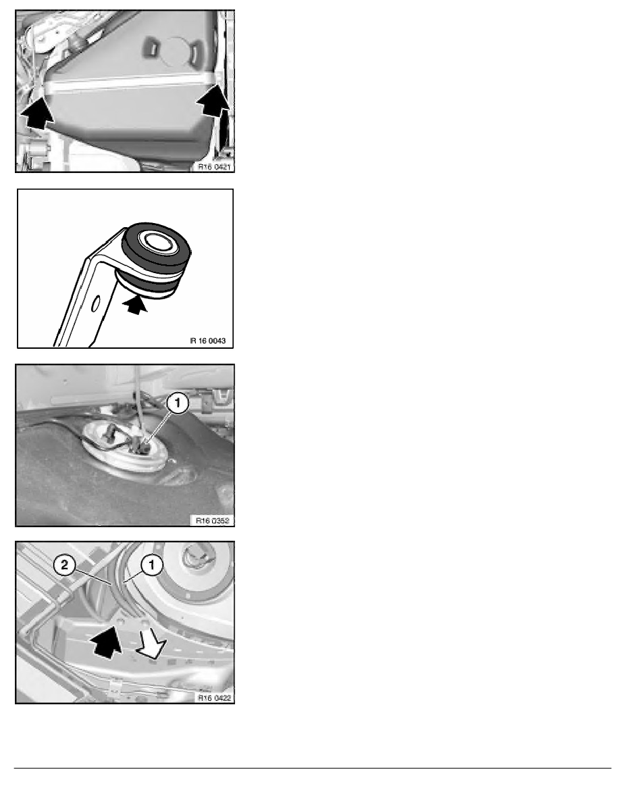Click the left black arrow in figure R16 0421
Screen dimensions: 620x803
coord(37,114)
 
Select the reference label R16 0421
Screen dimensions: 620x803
coord(214,166)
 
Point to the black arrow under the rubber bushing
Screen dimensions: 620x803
coord(135,306)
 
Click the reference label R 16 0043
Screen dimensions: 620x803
coord(208,341)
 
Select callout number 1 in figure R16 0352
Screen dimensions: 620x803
coord(178,404)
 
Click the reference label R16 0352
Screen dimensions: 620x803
coord(213,520)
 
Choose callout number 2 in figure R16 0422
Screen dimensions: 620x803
coord(64,565)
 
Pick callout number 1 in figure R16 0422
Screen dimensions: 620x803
coord(151,565)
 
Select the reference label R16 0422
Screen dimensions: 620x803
coord(214,698)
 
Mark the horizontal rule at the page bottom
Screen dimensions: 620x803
coord(313,768)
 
